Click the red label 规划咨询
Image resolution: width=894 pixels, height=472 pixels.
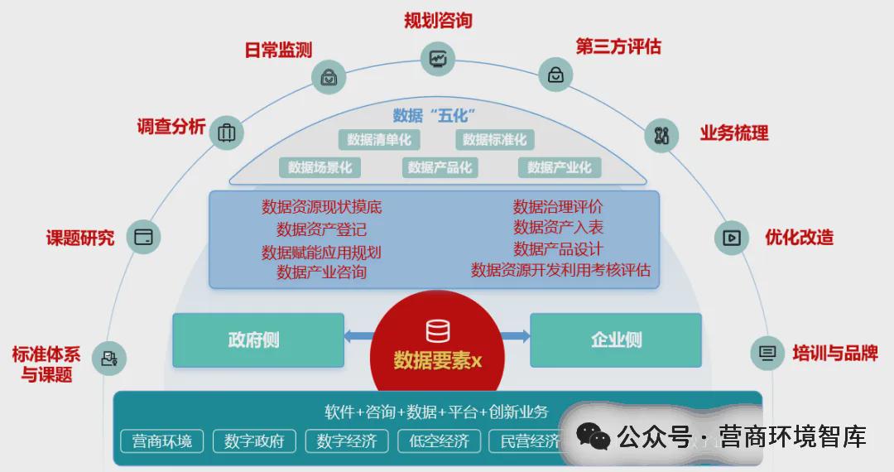click(x=438, y=21)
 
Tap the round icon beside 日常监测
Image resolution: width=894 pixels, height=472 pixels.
click(x=329, y=76)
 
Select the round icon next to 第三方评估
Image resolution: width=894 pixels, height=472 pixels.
click(x=556, y=75)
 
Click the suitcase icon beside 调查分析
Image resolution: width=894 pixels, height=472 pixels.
click(x=226, y=132)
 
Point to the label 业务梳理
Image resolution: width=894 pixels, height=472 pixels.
click(x=734, y=133)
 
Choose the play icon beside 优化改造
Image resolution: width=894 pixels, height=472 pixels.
click(x=732, y=238)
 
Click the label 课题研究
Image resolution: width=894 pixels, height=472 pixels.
click(x=80, y=238)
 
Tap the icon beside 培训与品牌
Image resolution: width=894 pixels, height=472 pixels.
click(x=767, y=354)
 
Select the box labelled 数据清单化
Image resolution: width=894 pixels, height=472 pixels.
click(x=379, y=140)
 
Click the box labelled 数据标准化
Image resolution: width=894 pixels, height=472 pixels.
click(x=495, y=140)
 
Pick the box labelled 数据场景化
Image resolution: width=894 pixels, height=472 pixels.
click(x=320, y=167)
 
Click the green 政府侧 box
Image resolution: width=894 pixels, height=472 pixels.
click(x=258, y=340)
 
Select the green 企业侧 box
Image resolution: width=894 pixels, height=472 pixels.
click(x=616, y=340)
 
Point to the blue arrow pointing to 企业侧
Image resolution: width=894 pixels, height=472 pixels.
click(x=515, y=336)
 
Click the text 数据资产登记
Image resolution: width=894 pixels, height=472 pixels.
click(x=321, y=229)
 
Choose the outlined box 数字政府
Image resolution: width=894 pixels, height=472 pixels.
click(x=254, y=441)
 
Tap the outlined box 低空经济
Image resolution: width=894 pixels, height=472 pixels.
click(x=439, y=441)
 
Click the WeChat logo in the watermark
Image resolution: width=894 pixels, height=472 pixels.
click(x=593, y=437)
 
